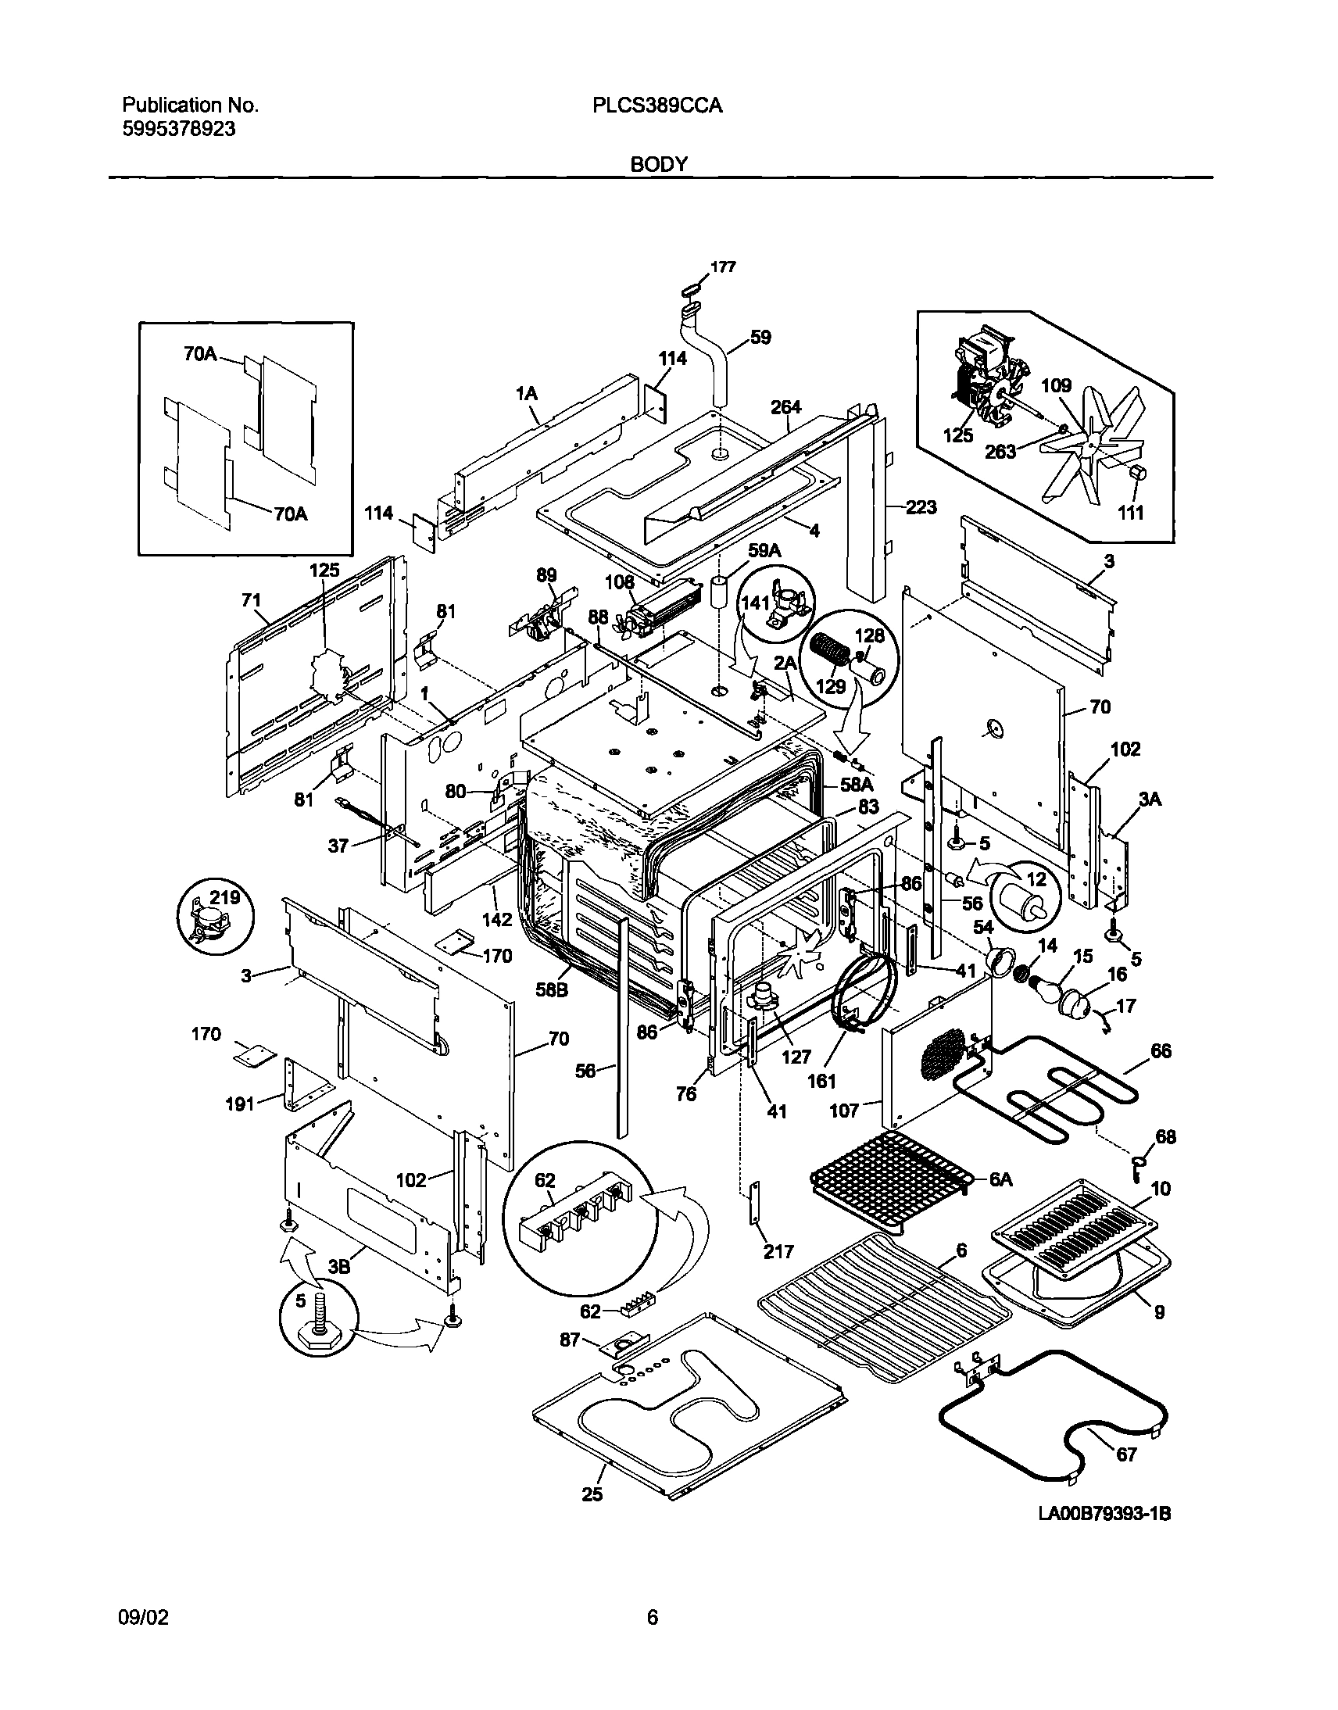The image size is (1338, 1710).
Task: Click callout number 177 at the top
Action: point(723,267)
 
